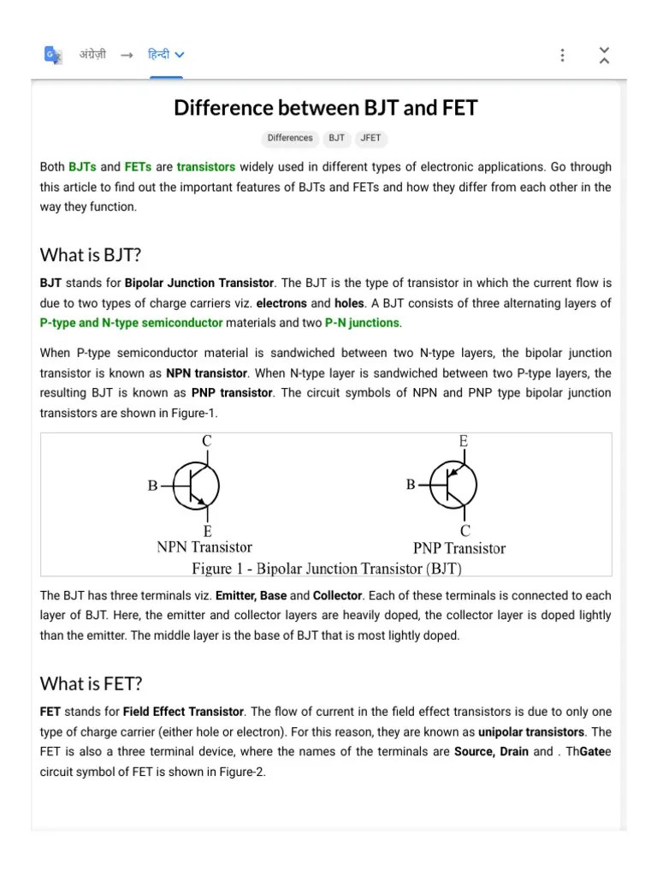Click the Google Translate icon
click(53, 55)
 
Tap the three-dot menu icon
click(562, 55)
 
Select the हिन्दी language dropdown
click(166, 55)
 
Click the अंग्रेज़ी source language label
click(92, 55)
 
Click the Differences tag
click(290, 138)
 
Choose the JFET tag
click(370, 138)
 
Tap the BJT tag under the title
click(336, 138)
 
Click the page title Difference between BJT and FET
click(326, 108)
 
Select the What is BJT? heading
click(91, 255)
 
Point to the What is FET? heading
click(91, 683)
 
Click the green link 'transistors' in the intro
click(206, 167)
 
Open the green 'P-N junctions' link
click(362, 323)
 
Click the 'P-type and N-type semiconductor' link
click(131, 323)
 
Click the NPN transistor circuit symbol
click(197, 486)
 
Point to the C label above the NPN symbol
click(207, 442)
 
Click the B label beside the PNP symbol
click(411, 485)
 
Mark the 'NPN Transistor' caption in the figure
click(204, 547)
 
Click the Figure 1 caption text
click(327, 568)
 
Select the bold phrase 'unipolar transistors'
click(531, 732)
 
